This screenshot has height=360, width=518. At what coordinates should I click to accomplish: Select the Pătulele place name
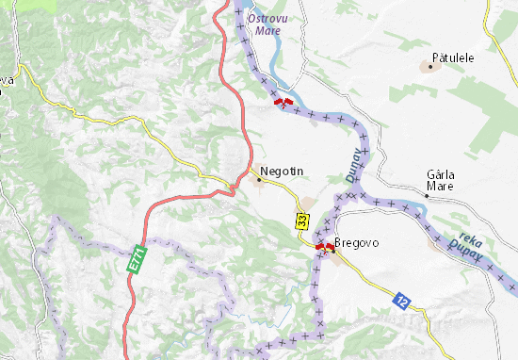point(452,57)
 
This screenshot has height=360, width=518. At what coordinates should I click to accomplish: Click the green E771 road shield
point(138,260)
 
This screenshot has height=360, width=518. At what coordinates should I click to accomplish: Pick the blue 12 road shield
point(401,299)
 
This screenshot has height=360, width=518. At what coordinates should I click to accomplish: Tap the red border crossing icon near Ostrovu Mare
point(282,101)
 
